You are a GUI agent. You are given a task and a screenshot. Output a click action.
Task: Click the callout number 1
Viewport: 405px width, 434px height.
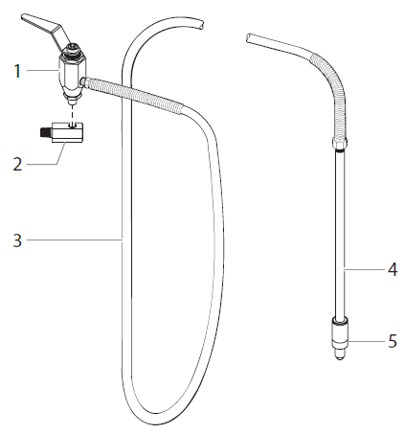point(16,69)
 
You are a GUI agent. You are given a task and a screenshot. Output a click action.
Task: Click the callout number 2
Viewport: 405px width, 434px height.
point(16,164)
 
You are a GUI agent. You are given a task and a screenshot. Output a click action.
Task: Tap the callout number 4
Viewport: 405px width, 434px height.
point(392,270)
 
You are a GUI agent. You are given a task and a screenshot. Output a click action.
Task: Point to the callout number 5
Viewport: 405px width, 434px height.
point(392,340)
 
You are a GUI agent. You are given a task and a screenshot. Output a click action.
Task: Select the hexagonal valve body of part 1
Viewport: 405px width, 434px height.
point(68,70)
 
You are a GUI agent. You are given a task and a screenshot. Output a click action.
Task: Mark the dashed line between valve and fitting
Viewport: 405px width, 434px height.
point(69,108)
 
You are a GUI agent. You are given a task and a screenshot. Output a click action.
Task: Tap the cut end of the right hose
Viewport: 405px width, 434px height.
point(249,38)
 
